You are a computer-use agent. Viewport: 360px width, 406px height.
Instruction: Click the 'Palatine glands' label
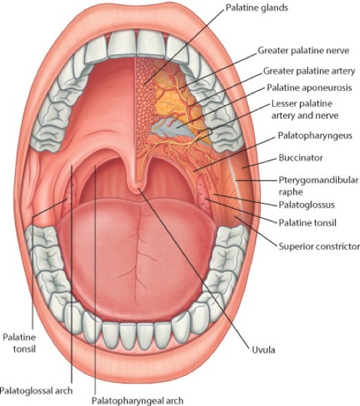(257, 8)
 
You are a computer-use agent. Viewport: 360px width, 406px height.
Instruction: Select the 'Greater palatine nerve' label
(304, 50)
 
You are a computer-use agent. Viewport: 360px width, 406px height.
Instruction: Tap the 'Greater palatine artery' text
(309, 71)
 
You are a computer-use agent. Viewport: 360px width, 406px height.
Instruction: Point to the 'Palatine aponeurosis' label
(310, 87)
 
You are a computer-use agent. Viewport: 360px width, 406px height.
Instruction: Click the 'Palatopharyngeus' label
(315, 135)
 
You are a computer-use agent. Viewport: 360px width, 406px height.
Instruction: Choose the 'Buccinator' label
(301, 158)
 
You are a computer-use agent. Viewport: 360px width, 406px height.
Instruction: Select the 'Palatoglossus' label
(307, 205)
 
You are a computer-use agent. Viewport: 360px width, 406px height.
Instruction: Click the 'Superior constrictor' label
(319, 247)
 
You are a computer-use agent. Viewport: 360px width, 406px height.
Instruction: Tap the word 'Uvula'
(264, 350)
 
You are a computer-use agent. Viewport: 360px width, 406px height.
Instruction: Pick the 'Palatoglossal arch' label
(36, 390)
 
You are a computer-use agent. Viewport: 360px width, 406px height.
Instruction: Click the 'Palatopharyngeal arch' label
(138, 401)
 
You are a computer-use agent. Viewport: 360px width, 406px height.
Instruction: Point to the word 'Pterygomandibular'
(319, 180)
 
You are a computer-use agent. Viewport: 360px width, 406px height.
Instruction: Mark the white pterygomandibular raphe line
(236, 182)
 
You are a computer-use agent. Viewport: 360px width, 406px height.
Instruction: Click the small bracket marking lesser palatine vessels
(210, 132)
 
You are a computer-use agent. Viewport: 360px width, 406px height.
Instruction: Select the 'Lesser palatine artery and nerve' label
(304, 110)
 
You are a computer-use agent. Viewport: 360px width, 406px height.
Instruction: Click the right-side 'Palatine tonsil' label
(307, 223)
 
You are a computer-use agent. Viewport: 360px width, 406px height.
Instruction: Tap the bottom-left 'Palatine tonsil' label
(19, 343)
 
